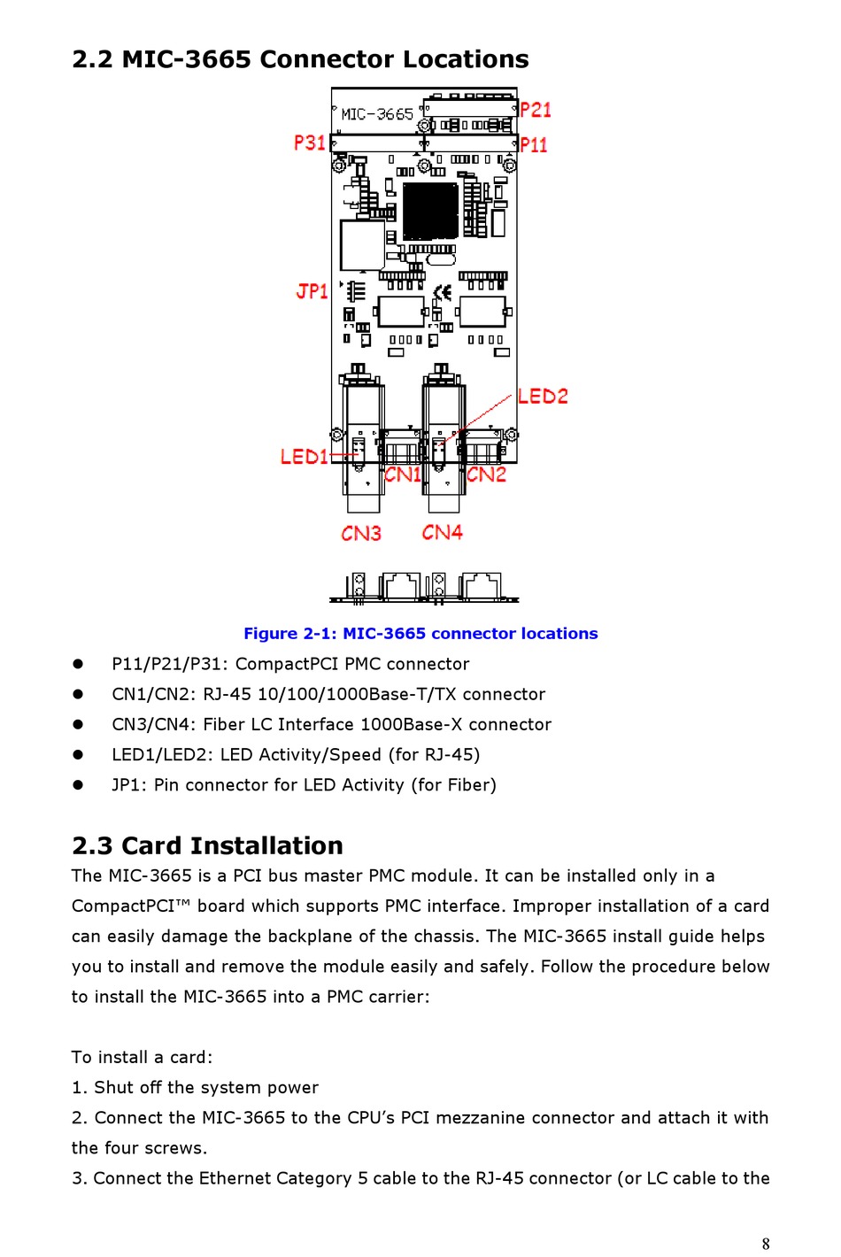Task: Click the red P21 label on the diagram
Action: pos(536,110)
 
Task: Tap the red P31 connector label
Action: pos(310,143)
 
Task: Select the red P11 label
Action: pos(534,144)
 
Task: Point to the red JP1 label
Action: pos(312,291)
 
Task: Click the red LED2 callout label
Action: pos(543,396)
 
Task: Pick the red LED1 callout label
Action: pos(304,457)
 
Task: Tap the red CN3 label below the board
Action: pos(361,533)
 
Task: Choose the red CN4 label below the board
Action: pos(442,532)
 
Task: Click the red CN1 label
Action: pos(403,474)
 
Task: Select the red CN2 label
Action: pos(486,474)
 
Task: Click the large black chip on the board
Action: pos(430,210)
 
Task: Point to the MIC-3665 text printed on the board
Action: pos(377,114)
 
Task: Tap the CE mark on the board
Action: pos(443,291)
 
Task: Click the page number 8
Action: pos(766,1244)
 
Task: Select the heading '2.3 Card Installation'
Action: pos(207,845)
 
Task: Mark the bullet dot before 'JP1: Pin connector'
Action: pos(78,784)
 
